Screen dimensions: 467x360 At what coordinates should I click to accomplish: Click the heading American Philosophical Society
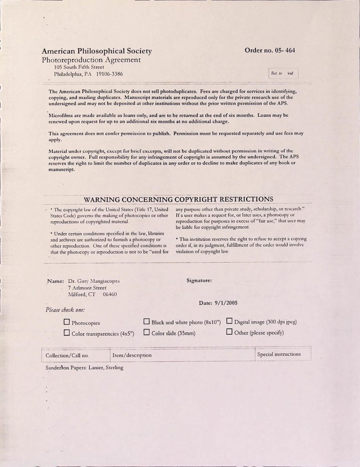pos(97,51)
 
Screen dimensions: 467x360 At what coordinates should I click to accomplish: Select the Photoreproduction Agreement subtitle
pos(91,60)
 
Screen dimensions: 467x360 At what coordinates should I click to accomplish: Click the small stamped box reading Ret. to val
pos(283,73)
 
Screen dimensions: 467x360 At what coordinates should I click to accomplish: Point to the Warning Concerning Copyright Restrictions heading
pos(179,199)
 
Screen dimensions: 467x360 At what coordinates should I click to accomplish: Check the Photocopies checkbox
pos(67,322)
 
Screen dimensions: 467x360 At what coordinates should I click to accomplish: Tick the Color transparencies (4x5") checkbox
pos(67,333)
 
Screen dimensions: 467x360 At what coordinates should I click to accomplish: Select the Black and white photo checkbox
pos(147,322)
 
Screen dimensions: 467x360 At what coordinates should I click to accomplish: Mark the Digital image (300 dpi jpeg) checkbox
pos(229,322)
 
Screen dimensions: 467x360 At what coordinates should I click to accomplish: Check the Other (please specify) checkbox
pos(229,332)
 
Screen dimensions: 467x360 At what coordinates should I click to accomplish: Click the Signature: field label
pos(199,280)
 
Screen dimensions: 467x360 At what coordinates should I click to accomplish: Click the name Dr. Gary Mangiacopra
pos(91,281)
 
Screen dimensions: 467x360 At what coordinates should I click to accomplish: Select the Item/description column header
pos(132,355)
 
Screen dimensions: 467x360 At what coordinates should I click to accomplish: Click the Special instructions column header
pos(279,354)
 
